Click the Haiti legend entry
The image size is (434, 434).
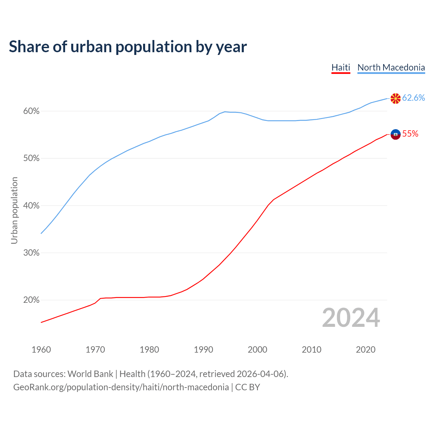pyautogui.click(x=340, y=67)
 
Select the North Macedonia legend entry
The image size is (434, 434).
pyautogui.click(x=391, y=67)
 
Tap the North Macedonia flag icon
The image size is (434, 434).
pyautogui.click(x=395, y=98)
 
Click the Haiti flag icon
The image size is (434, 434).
pyautogui.click(x=395, y=134)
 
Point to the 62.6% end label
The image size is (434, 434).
pyautogui.click(x=413, y=98)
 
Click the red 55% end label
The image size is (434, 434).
pyautogui.click(x=410, y=134)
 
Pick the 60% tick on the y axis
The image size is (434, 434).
pyautogui.click(x=32, y=111)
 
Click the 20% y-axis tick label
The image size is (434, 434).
pyautogui.click(x=32, y=300)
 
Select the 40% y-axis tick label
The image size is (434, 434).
pyautogui.click(x=32, y=206)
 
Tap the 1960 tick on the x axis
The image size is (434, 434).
pyautogui.click(x=41, y=350)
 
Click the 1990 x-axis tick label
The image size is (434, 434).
pyautogui.click(x=203, y=350)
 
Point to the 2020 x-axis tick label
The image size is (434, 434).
pyautogui.click(x=366, y=350)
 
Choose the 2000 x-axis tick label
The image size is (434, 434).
pyautogui.click(x=257, y=350)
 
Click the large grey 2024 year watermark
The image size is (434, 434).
pyautogui.click(x=351, y=318)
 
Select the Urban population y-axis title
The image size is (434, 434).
pyautogui.click(x=14, y=210)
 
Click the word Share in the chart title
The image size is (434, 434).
pyautogui.click(x=29, y=47)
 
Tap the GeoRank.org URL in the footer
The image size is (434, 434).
pyautogui.click(x=121, y=387)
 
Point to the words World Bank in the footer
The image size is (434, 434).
pyautogui.click(x=90, y=374)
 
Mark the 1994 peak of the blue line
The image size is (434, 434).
pyautogui.click(x=225, y=112)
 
